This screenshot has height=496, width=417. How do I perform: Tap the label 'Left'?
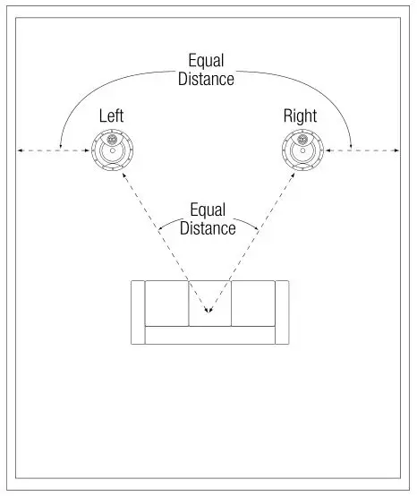point(111,116)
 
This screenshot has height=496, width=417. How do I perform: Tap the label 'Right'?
point(300,116)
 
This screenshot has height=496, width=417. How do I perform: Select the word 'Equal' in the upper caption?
point(206,62)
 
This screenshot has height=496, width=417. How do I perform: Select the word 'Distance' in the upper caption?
point(206,79)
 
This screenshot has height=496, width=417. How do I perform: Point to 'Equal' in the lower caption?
point(208,210)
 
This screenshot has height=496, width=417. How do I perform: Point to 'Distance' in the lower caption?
point(208,227)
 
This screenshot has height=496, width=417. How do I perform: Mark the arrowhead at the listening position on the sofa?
point(208,312)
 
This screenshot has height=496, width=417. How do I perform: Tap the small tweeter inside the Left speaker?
point(111,141)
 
